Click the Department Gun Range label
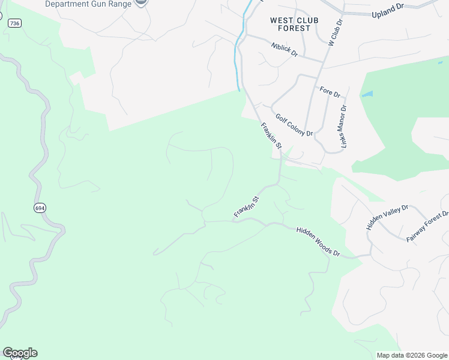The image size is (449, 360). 88,4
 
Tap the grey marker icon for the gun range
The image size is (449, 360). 141,2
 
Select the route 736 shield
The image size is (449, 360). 14,23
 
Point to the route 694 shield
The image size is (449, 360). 40,208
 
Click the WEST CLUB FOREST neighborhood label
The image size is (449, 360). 291,24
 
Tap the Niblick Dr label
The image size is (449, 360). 284,49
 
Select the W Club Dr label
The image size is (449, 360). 334,32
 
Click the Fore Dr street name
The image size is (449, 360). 330,92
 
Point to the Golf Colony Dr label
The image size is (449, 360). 294,125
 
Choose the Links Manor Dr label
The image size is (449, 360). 345,127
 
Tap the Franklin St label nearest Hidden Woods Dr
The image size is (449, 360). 246,207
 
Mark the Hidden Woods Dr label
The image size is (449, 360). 318,242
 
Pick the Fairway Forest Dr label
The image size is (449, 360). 427,227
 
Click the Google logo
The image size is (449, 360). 20,353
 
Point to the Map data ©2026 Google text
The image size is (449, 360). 412,355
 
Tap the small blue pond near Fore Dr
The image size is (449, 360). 367,94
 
